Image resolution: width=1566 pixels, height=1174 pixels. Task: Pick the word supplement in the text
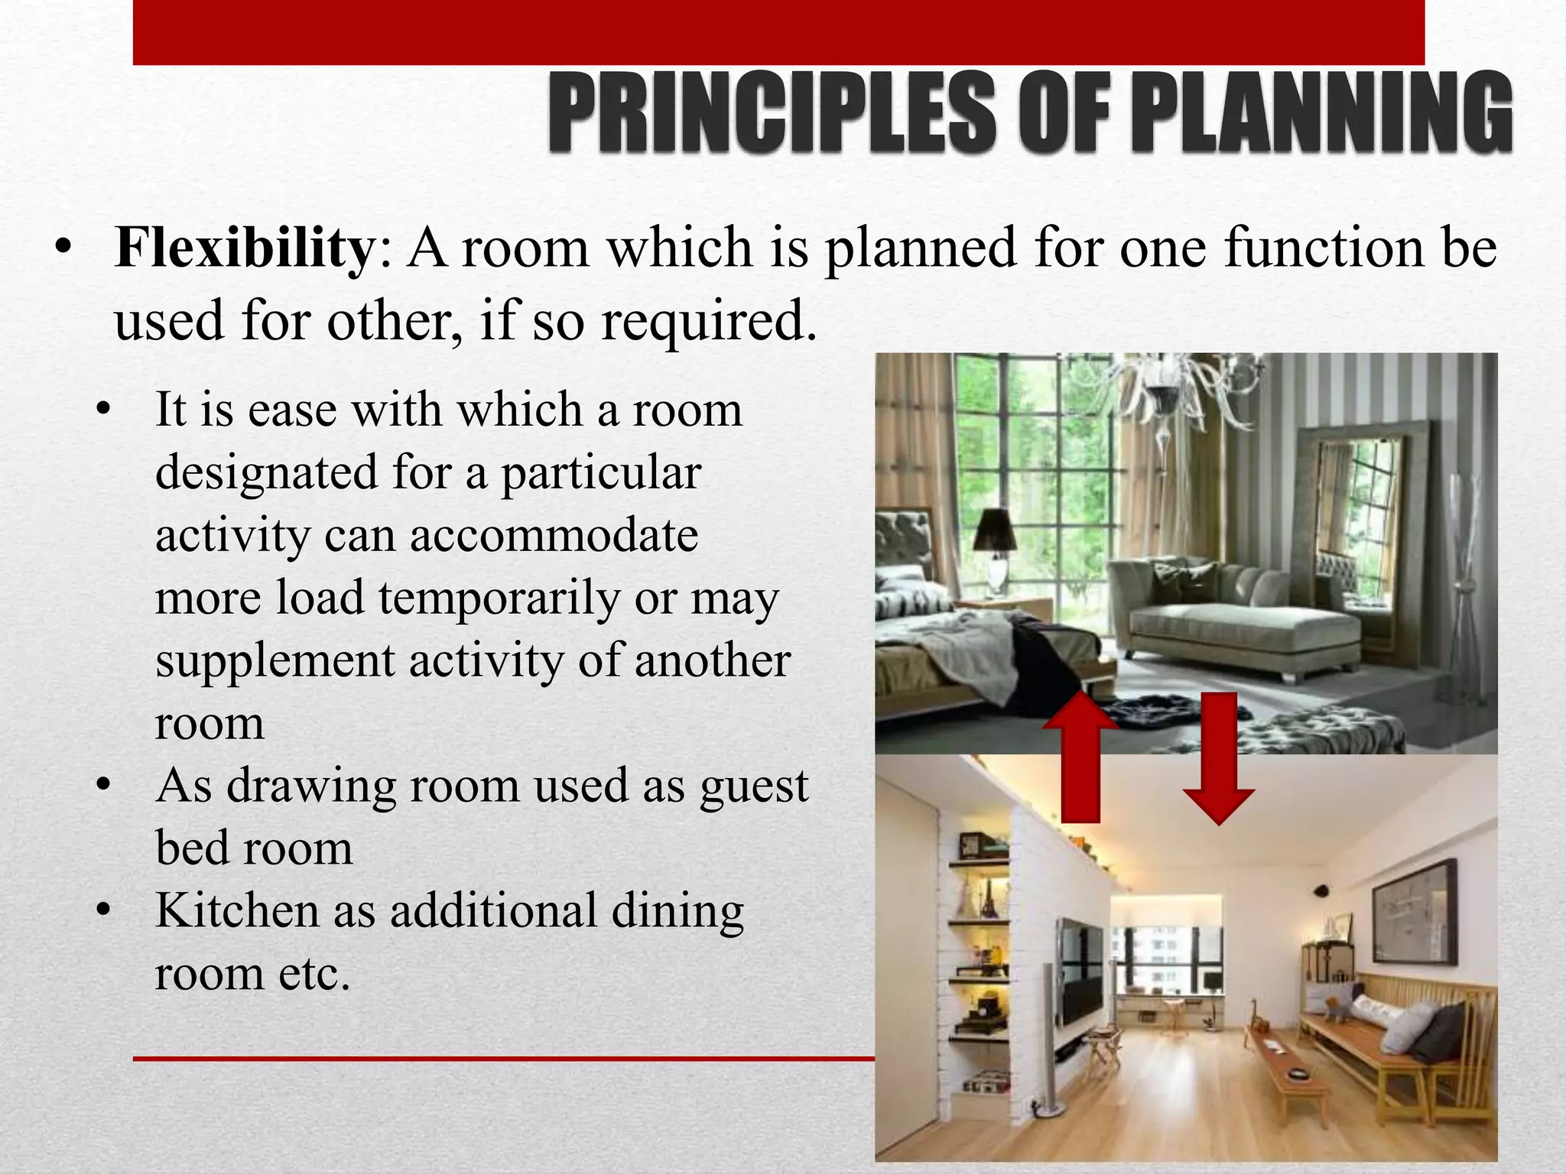[x=275, y=662]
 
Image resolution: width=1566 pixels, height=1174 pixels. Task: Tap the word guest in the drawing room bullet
[x=753, y=787]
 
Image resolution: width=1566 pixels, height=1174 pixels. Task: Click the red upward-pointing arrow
[x=1080, y=757]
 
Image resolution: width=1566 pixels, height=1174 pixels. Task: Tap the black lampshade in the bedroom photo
[x=996, y=530]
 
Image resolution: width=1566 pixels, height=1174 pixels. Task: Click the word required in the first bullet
[x=708, y=321]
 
